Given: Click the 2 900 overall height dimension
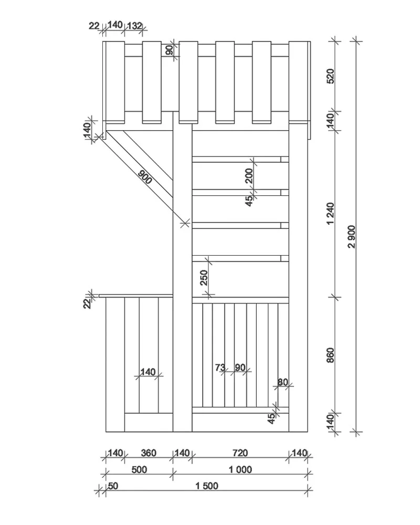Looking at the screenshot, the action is point(351,237).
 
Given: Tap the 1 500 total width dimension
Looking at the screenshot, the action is point(207,486).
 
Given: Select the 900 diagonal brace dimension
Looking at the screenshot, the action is point(145,177).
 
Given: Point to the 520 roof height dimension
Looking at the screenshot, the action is point(330,76).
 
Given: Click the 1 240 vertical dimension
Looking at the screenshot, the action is point(330,214).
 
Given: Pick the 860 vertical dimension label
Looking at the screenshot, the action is point(330,355).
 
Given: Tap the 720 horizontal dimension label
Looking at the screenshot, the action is point(240,453).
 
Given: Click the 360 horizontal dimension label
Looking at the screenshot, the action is point(149,453).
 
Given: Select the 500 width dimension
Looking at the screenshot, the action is point(139,470).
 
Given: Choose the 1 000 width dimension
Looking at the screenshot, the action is point(240,470).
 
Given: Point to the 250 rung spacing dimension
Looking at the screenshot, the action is point(204,278).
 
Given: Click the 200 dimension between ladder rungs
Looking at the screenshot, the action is point(249,176).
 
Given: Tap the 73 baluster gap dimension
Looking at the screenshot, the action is point(220,367).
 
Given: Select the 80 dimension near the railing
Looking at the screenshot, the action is point(282,382).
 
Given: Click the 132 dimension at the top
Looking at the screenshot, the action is point(135,26).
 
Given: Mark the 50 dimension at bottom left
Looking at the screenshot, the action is point(113,486).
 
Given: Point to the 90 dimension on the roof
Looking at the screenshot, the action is point(170,50).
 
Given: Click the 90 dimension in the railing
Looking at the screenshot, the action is point(240,367).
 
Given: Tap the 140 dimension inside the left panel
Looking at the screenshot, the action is point(148,372).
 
